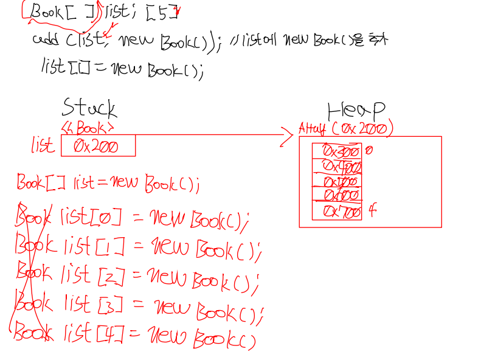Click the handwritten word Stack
point(89,108)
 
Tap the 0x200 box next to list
point(98,146)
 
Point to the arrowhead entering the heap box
point(288,135)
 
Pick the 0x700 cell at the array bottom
point(337,212)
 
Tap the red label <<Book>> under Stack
point(88,128)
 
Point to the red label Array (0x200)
point(345,129)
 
